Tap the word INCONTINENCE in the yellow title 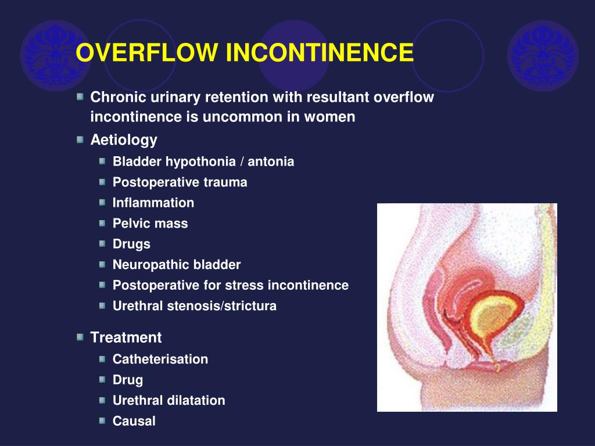click(x=320, y=53)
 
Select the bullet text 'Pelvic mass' click(x=150, y=224)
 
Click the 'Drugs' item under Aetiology click(x=131, y=244)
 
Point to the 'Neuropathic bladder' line click(x=176, y=265)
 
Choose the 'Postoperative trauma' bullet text click(x=180, y=182)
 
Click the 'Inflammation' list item click(x=153, y=203)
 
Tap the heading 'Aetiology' click(x=124, y=140)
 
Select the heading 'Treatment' click(x=126, y=337)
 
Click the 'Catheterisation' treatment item click(x=160, y=359)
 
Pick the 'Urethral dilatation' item click(x=169, y=400)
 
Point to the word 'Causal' click(x=134, y=421)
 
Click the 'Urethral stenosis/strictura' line click(x=194, y=306)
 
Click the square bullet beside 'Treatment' click(x=80, y=337)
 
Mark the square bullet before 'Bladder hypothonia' click(x=102, y=161)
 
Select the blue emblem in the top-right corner click(x=543, y=55)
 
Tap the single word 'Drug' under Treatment click(x=127, y=380)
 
